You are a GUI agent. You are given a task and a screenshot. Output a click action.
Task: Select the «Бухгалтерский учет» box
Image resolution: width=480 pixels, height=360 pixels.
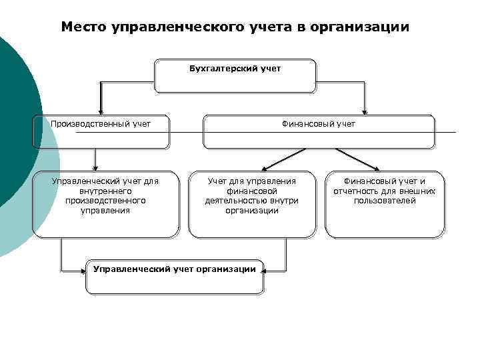tap(235, 77)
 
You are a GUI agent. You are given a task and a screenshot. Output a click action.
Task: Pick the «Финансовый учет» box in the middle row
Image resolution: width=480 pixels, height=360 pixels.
tap(319, 131)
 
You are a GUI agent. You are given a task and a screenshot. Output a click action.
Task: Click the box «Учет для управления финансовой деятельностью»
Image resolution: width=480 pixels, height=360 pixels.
tap(252, 205)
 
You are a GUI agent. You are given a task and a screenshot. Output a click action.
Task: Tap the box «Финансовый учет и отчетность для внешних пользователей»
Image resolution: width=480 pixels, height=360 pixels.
tap(385, 205)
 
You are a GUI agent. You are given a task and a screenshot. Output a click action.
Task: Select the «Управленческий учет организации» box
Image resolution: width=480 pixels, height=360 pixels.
tap(175, 275)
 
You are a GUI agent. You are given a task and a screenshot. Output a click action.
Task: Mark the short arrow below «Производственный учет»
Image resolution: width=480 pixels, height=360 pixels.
tap(95, 160)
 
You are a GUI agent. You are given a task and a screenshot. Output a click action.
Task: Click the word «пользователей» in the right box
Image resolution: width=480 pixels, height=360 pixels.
tap(385, 201)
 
